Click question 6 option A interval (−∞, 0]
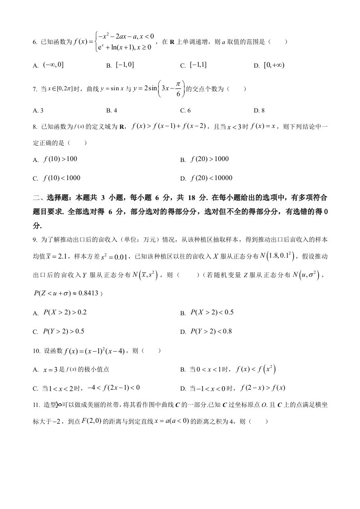[x=53, y=65]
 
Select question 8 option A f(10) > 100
[x=60, y=159]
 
